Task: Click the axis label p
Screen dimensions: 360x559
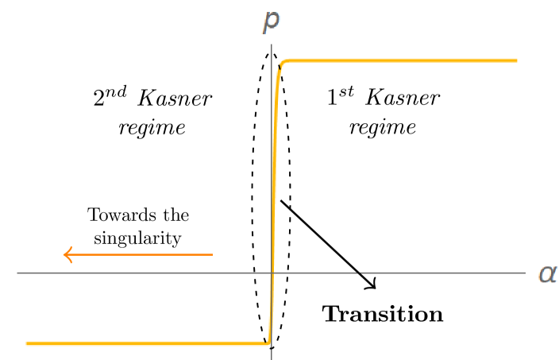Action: click(272, 21)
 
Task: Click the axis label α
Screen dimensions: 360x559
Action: click(547, 273)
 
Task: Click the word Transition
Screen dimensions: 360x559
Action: click(383, 314)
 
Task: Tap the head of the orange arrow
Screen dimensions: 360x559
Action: click(67, 255)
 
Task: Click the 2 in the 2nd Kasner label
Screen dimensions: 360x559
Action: click(99, 99)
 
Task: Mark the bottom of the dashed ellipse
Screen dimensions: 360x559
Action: click(272, 350)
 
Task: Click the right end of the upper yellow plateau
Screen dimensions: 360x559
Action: click(516, 60)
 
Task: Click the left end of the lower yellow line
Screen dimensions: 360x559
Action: click(28, 343)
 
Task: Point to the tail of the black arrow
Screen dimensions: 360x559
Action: click(281, 201)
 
